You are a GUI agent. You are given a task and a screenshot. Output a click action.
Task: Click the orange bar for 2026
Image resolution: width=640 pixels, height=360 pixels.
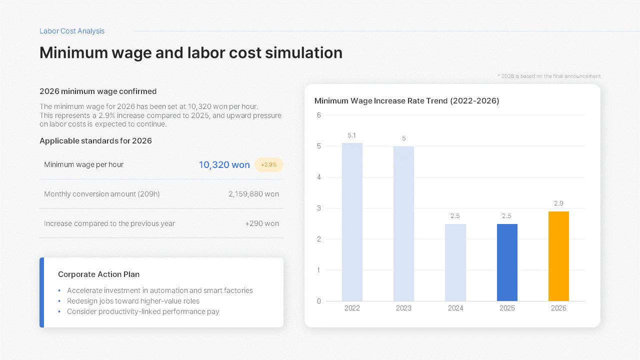coord(558,256)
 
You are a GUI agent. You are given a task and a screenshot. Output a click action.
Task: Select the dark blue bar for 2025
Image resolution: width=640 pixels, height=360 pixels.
coord(507,262)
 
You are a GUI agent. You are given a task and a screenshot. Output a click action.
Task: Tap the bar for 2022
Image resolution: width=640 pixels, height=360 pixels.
coord(352,222)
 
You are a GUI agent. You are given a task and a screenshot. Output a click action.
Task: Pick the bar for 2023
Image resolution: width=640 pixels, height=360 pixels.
coord(403,223)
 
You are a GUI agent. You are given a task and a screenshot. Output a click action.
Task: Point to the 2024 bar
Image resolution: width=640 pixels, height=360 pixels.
coord(455,262)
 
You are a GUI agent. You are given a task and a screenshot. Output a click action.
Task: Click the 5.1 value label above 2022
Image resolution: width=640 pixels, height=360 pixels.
coord(351,135)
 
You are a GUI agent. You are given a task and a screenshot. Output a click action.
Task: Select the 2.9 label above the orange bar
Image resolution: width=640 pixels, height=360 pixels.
coord(558,203)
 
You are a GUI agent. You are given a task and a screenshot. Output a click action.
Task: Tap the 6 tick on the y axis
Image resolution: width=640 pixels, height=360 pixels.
coord(319,115)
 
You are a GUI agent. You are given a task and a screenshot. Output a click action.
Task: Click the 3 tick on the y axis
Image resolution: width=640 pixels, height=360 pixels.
coord(319,208)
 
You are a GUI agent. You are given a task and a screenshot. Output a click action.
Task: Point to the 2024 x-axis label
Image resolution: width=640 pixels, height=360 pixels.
coord(455,308)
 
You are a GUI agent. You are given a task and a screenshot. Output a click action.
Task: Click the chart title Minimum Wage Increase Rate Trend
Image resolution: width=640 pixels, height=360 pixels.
coord(407,101)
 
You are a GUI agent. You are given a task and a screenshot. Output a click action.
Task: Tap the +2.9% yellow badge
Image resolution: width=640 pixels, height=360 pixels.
coord(269,165)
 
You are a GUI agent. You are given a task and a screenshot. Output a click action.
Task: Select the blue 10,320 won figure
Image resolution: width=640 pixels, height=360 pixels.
coord(224,165)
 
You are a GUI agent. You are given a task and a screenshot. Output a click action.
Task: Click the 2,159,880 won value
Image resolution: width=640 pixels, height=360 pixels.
coord(253,194)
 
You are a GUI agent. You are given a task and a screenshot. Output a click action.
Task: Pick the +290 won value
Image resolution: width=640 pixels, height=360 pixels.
coord(262,223)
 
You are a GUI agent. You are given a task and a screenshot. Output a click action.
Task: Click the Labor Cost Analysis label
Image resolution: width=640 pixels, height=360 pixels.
coord(72,31)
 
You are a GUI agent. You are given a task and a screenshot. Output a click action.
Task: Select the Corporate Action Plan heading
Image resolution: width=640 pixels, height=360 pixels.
coord(99,274)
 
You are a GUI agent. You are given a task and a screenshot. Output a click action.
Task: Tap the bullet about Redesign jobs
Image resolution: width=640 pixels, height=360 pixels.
coord(133,301)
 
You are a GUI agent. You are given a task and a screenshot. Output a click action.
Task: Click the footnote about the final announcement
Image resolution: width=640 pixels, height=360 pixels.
coord(549,76)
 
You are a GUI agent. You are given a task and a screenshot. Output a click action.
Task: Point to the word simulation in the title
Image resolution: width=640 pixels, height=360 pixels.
coord(303,52)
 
